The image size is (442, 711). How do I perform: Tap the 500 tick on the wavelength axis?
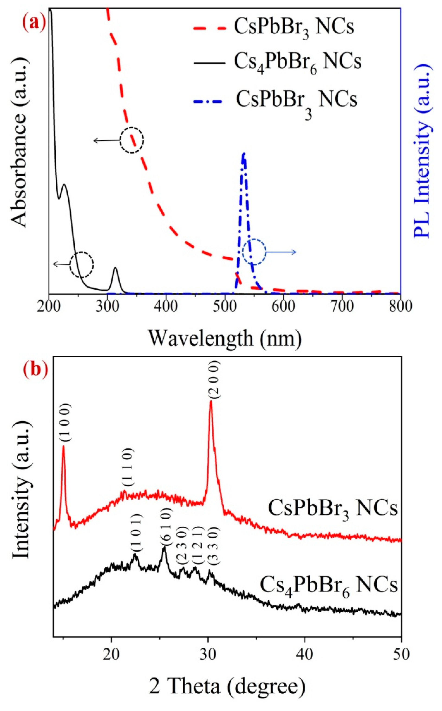225,306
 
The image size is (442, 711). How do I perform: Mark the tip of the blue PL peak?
244,153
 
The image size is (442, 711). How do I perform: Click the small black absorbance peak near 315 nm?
115,268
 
